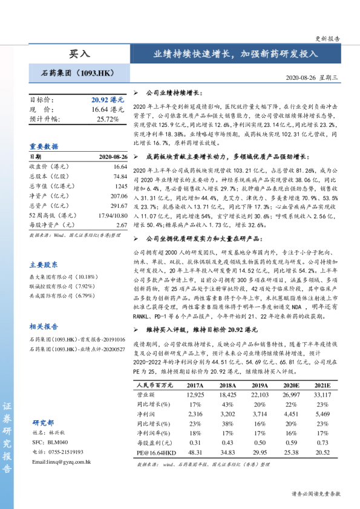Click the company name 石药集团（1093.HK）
point(78,73)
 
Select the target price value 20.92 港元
point(108,99)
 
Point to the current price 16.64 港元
point(108,109)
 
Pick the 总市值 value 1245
point(120,186)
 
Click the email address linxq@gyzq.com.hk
point(61,462)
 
